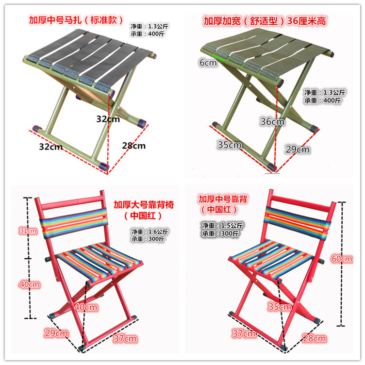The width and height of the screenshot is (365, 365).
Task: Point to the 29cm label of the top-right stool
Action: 297,149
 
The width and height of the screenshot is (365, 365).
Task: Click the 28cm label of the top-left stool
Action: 133,145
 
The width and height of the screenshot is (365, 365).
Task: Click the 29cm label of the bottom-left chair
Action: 57,332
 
